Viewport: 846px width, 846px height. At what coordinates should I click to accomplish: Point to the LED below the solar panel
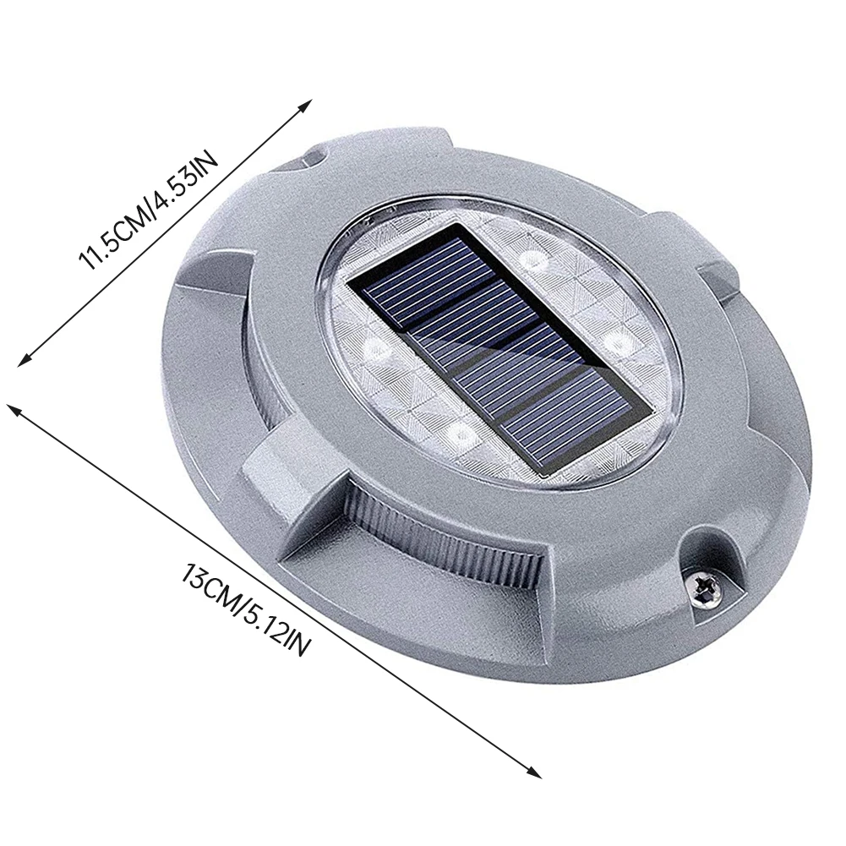459,434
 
